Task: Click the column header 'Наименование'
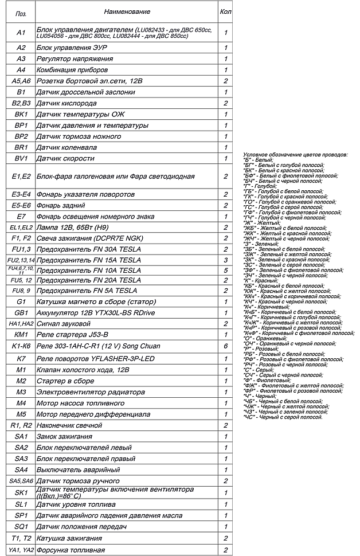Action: tap(127, 11)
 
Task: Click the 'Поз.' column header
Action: tap(21, 12)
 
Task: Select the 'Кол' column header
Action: tap(225, 11)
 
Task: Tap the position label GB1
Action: tap(21, 313)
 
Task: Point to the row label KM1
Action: tap(21, 334)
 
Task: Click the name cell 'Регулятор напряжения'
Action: tap(75, 58)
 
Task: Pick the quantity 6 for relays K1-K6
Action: tap(226, 347)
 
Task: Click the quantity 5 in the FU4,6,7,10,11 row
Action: tap(226, 270)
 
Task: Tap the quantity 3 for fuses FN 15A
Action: tap(226, 260)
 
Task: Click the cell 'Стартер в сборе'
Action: tap(65, 381)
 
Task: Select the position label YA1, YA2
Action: tap(21, 550)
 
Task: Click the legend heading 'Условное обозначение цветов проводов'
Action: tap(295, 155)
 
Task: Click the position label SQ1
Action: tap(21, 526)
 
